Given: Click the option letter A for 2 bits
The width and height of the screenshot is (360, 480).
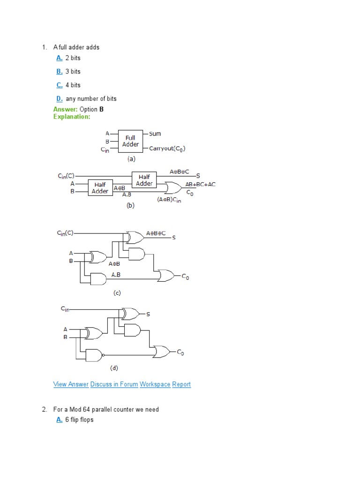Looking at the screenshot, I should pyautogui.click(x=59, y=58).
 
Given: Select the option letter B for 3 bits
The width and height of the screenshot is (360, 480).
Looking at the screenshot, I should pyautogui.click(x=59, y=72).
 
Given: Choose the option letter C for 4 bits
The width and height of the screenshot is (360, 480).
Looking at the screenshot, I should pyautogui.click(x=59, y=85).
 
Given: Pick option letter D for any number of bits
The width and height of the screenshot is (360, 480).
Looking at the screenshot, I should pyautogui.click(x=59, y=98).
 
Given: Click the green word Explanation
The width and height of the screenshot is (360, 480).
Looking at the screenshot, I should pyautogui.click(x=72, y=117).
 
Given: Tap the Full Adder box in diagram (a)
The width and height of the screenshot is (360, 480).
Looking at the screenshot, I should pyautogui.click(x=131, y=141).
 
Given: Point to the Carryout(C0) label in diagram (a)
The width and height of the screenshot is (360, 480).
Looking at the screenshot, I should pyautogui.click(x=167, y=149).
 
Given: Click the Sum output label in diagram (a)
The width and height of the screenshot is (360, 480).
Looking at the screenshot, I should pyautogui.click(x=155, y=134).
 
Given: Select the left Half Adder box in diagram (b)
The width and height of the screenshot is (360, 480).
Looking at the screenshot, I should pyautogui.click(x=100, y=187).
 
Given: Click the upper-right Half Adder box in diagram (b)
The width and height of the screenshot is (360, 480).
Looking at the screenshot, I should pyautogui.click(x=144, y=180).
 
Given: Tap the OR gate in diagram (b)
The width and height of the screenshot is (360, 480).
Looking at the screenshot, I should pyautogui.click(x=173, y=188).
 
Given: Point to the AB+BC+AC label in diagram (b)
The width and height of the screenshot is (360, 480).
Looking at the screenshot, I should pyautogui.click(x=201, y=184).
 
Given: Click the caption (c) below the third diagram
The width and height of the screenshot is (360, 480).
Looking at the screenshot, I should pyautogui.click(x=117, y=293).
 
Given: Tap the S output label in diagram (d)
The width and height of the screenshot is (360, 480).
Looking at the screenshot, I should pyautogui.click(x=148, y=314).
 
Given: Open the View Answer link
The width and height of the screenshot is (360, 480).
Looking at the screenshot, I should pyautogui.click(x=71, y=384).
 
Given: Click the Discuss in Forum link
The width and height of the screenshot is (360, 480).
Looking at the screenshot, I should pyautogui.click(x=114, y=384).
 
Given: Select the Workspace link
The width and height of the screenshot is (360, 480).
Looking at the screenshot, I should pyautogui.click(x=155, y=384).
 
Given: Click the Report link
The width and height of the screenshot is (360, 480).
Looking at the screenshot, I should pyautogui.click(x=181, y=384).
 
